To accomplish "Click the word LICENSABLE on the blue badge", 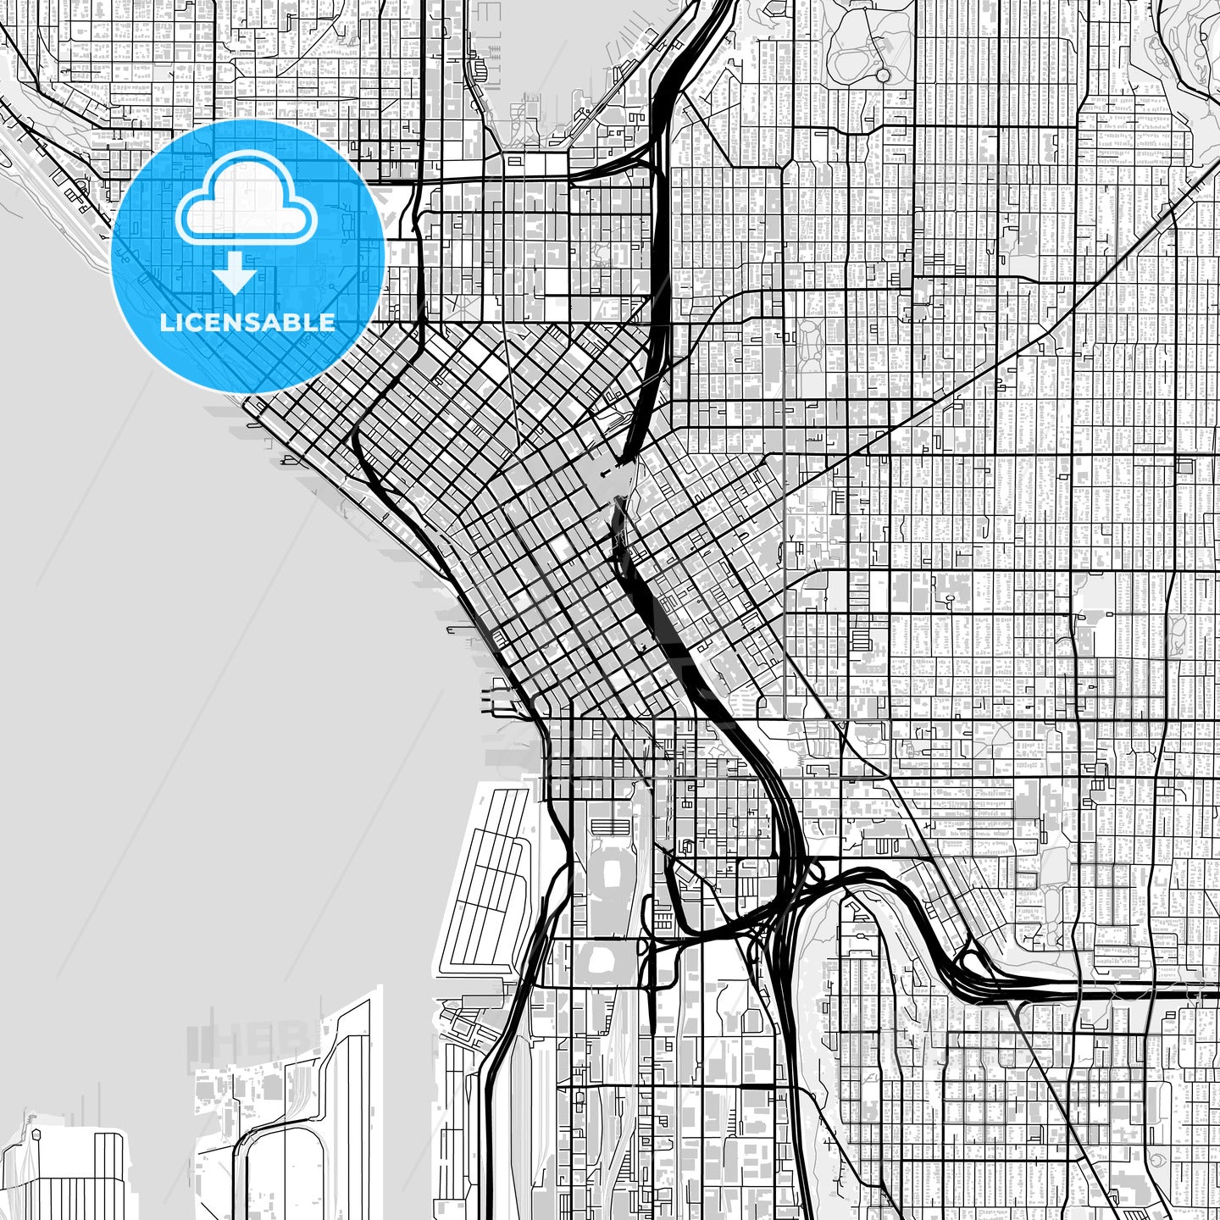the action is tap(247, 322).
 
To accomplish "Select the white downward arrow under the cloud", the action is tap(235, 276).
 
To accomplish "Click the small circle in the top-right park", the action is tap(883, 75).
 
